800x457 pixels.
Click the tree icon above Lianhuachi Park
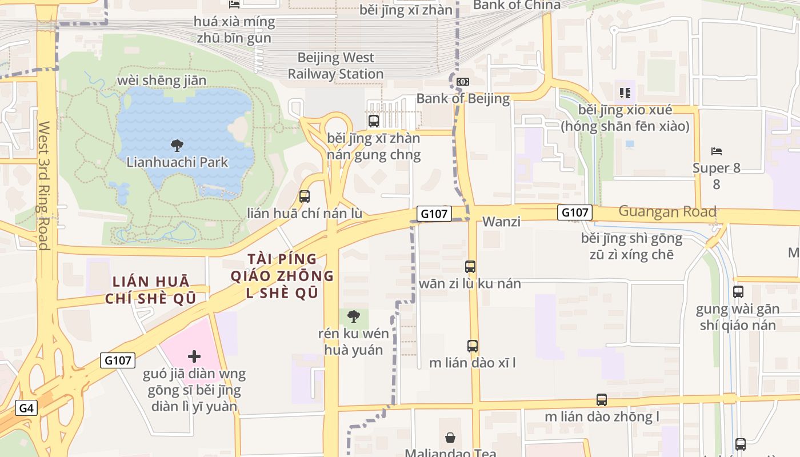tap(177, 145)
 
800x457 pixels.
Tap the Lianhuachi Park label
tap(177, 162)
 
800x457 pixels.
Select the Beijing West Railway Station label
tap(335, 66)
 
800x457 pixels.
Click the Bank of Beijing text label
tap(463, 98)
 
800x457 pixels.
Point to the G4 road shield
tap(26, 408)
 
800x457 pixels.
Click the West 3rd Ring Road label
tap(44, 185)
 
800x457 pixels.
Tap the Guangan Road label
tap(667, 211)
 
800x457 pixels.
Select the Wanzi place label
tap(501, 222)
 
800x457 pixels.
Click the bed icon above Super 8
tap(717, 151)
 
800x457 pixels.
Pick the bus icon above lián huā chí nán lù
tap(305, 197)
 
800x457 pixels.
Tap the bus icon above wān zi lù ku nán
tap(470, 267)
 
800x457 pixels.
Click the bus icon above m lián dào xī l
tap(472, 346)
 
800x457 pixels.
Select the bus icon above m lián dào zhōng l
tap(602, 400)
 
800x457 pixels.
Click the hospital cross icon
tap(194, 357)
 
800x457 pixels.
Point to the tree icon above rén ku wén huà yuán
tap(354, 316)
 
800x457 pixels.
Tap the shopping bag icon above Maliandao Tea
tap(450, 438)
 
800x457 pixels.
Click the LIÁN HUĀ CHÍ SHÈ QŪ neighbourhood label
tap(151, 290)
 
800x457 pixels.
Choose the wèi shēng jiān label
tap(161, 81)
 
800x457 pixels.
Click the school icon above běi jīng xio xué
tap(625, 93)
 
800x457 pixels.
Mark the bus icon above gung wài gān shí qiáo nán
tap(738, 292)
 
